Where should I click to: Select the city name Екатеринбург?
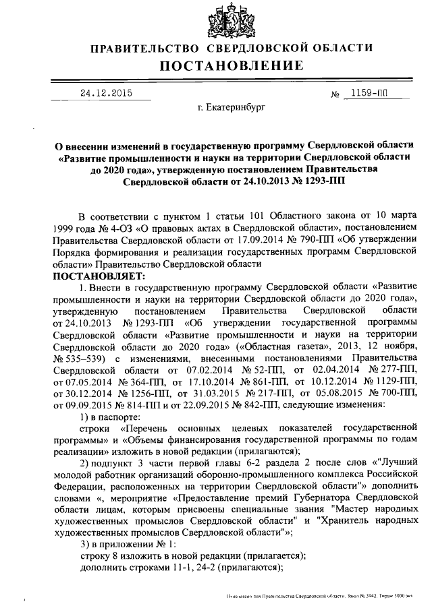click(232, 107)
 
